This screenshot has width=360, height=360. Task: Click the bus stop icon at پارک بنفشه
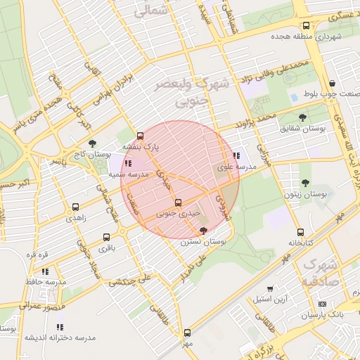pos(140,136)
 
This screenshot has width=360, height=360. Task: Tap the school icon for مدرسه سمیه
pos(127,163)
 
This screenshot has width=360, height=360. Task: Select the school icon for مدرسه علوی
pos(236,156)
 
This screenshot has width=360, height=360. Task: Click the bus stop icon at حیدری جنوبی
pos(177,202)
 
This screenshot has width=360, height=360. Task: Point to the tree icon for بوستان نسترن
pos(204,231)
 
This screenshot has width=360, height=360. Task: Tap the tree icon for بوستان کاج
pos(93,143)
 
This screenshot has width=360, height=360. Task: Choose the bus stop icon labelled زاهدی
pos(75,207)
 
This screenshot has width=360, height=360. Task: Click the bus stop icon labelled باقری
pos(106,237)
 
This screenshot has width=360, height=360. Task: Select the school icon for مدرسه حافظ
pos(45,271)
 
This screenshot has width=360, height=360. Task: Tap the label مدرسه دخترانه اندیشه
pos(60,338)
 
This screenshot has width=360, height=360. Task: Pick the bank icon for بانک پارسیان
pos(323,304)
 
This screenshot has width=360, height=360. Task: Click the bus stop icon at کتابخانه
pos(300,232)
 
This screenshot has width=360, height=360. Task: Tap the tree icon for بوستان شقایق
pos(303,117)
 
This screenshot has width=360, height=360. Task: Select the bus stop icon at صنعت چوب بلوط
pos(330,82)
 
